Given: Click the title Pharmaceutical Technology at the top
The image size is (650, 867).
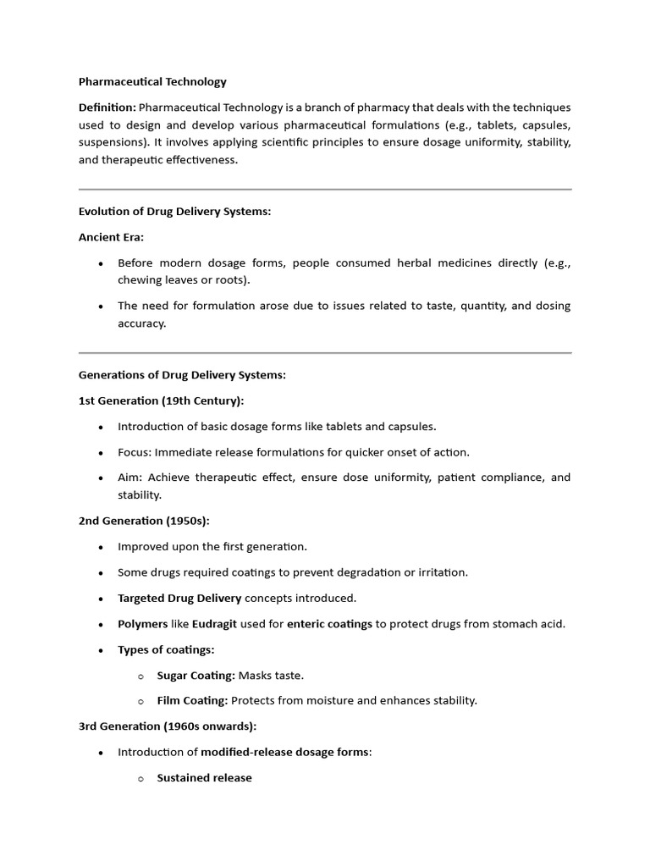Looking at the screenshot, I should pyautogui.click(x=152, y=82).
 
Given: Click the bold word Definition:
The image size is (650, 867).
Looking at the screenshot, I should pyautogui.click(x=107, y=108).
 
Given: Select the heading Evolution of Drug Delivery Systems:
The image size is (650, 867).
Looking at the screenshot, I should pyautogui.click(x=174, y=212).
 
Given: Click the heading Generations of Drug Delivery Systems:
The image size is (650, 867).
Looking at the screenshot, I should pyautogui.click(x=182, y=375).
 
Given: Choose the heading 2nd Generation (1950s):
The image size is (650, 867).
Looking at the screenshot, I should pyautogui.click(x=144, y=521).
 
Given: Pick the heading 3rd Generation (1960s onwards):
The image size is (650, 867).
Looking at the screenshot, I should pyautogui.click(x=168, y=726).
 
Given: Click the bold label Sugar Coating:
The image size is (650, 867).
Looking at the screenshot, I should pyautogui.click(x=196, y=675).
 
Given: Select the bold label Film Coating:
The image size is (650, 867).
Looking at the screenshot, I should pyautogui.click(x=192, y=700).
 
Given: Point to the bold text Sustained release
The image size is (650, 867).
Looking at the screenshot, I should pyautogui.click(x=204, y=777).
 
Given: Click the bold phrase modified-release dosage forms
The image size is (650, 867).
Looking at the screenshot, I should pyautogui.click(x=285, y=752).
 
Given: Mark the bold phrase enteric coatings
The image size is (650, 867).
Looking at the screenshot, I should pyautogui.click(x=329, y=624).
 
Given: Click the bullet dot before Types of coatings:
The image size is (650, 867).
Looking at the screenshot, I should pyautogui.click(x=101, y=650).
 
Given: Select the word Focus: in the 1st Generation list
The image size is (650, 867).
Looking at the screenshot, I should pyautogui.click(x=135, y=452).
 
